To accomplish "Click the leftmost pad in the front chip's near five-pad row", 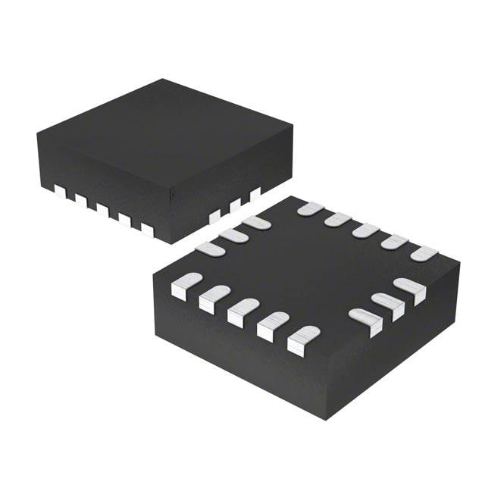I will pos(186,286).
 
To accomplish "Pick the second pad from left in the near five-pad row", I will pos(215,299).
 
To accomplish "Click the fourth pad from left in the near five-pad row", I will pos(273,325).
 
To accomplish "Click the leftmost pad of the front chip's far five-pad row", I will pos(310,208).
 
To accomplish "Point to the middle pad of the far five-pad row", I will pos(365,230).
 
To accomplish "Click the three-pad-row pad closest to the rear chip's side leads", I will pos(255,223).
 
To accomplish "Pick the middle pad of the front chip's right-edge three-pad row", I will pos(387,303).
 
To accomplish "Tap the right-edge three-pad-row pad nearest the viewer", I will pos(365,321).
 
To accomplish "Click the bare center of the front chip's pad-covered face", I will pos(303,269).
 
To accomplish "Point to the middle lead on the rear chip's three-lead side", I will pos(235,205).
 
